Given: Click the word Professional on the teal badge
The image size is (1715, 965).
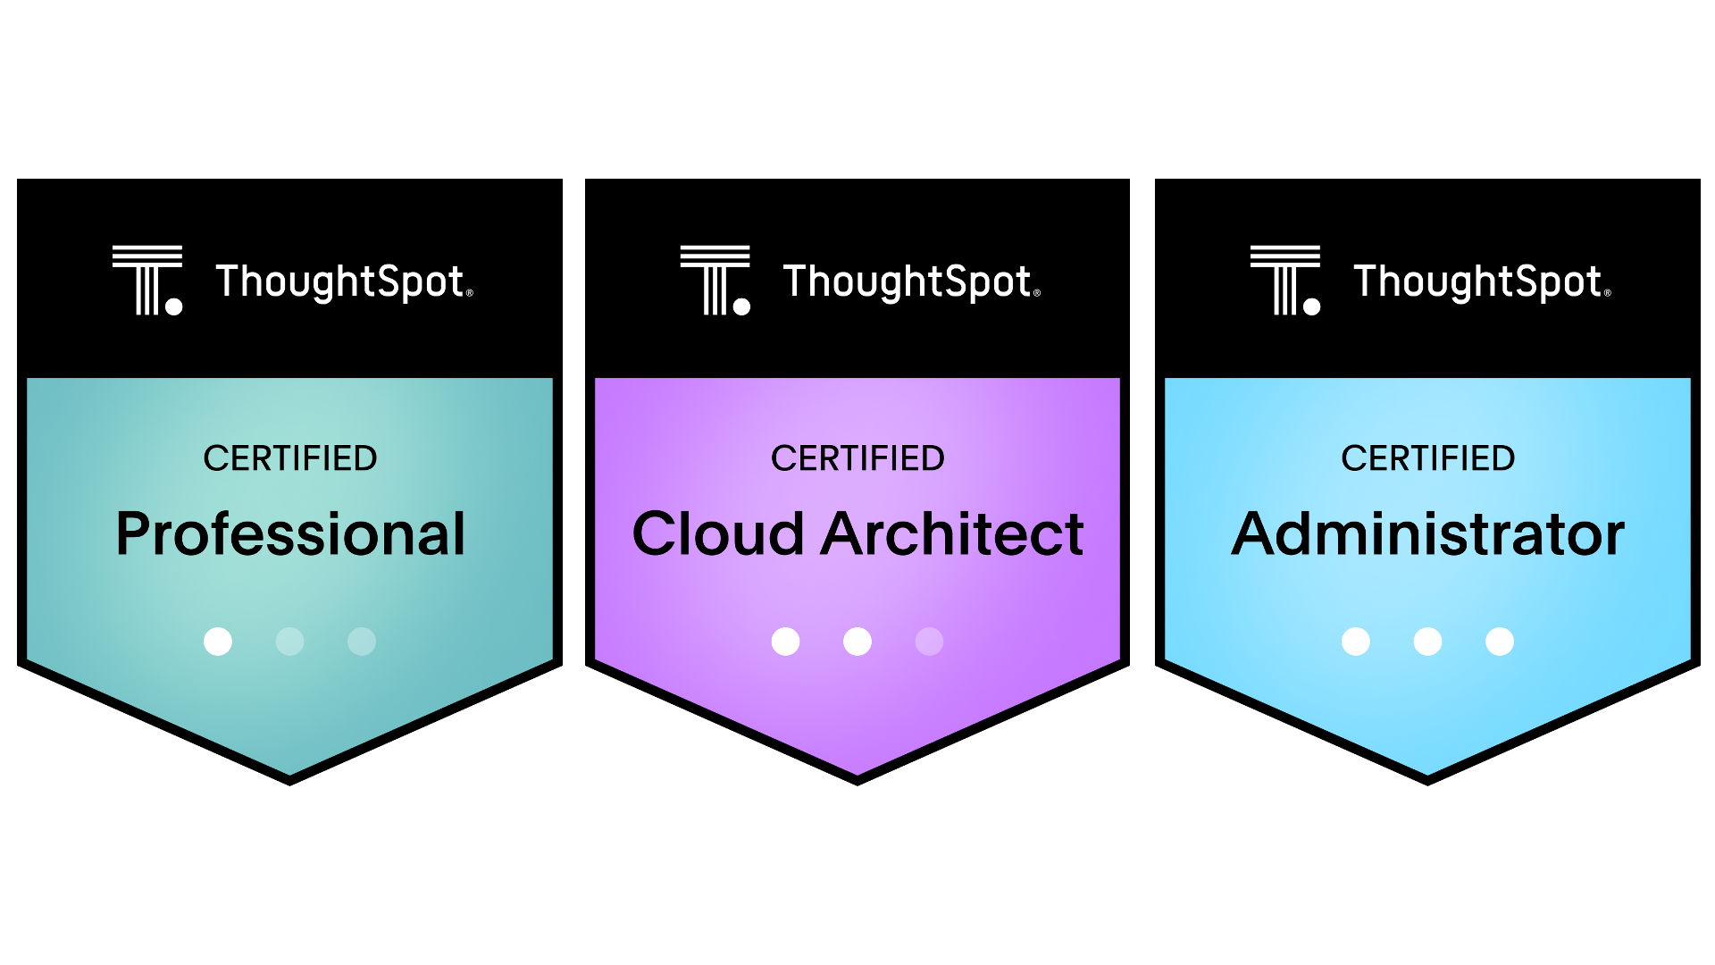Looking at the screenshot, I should coord(290,534).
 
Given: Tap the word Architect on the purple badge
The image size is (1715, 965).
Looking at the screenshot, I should coord(952,534).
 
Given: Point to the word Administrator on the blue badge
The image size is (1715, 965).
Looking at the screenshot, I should coord(1427,534).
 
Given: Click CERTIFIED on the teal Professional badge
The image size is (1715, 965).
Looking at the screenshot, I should coord(290,458).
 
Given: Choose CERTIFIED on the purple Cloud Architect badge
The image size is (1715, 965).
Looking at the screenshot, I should coord(857,458).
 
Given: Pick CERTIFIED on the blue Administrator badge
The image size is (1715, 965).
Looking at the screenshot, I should coord(1427,458).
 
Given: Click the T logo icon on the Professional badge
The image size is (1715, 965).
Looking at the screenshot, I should coord(147,280).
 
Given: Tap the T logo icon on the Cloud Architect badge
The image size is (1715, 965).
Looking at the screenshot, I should coord(715,280).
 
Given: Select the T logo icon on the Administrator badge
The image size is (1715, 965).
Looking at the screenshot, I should coord(1285,280).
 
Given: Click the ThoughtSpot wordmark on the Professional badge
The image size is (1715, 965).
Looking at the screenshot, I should coord(343,281).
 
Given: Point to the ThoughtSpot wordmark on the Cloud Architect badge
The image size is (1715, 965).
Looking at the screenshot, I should coord(910,281).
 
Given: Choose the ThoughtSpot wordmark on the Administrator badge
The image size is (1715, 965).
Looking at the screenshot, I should coord(1481,281).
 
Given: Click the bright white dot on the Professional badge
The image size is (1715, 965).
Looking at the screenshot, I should coord(218,642).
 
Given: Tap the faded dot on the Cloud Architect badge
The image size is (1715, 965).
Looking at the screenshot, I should coord(929,642).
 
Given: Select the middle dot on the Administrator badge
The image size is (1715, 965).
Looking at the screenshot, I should coord(1427,642).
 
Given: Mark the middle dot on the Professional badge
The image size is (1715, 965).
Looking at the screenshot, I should coord(289,642).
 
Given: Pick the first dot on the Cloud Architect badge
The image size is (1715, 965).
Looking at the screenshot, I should coord(786,642).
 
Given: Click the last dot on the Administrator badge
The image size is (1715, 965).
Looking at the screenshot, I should coord(1500,642).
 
